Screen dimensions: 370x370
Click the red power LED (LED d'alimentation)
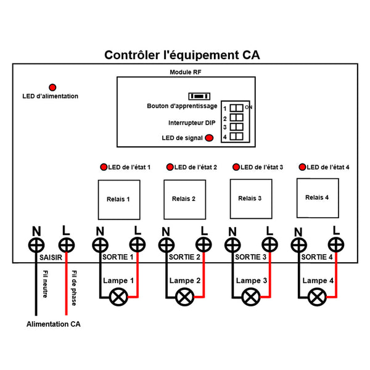point(53,87)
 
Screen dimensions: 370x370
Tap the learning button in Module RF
point(199,96)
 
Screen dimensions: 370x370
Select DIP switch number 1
point(237,108)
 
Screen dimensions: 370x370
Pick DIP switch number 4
point(237,136)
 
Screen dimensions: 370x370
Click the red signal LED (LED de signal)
point(210,138)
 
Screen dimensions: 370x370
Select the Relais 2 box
point(184,199)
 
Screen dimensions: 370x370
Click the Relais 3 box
point(250,198)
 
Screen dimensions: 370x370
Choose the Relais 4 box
point(317,197)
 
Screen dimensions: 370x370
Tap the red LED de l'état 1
point(104,167)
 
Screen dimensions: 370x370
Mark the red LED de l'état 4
point(302,167)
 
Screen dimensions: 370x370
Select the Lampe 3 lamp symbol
point(250,298)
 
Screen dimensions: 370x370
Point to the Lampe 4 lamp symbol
point(317,298)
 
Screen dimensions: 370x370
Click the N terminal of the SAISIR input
point(35,244)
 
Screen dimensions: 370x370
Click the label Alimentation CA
point(53,324)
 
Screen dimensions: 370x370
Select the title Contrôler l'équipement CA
point(182,55)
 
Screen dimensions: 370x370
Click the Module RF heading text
point(186,72)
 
